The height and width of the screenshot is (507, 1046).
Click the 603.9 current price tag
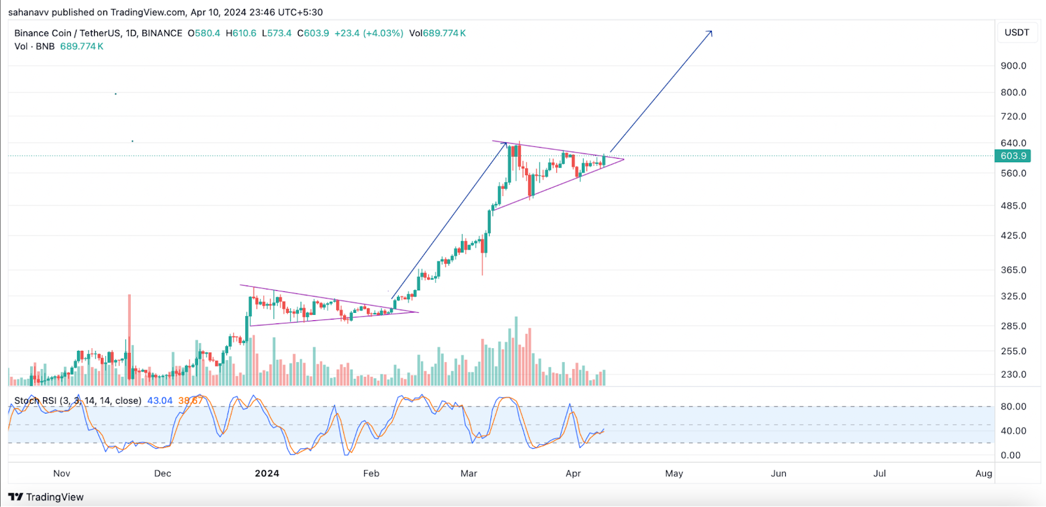(x=1013, y=155)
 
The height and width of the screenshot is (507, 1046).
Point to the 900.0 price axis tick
(x=1013, y=65)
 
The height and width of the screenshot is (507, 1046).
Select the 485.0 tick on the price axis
(x=1013, y=206)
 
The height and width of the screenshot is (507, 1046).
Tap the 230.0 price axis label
(x=1013, y=374)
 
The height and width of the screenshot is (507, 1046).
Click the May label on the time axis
(x=674, y=473)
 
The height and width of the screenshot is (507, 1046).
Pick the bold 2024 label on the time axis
(x=267, y=473)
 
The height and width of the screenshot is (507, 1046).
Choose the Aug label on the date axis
(x=983, y=473)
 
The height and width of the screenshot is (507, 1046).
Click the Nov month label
(x=61, y=473)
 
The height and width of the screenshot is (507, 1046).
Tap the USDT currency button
(x=1017, y=33)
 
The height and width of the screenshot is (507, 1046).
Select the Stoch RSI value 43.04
(x=160, y=401)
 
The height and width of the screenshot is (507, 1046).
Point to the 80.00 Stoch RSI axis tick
(x=1013, y=406)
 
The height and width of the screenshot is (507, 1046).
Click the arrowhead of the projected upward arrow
(x=711, y=31)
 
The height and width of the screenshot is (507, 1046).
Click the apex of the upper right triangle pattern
(x=624, y=159)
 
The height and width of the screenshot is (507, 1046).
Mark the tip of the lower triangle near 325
(x=417, y=312)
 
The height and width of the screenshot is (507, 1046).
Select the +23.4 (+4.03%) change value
(x=369, y=33)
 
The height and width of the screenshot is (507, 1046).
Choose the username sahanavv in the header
(x=29, y=12)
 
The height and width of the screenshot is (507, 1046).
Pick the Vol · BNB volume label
(x=35, y=46)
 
